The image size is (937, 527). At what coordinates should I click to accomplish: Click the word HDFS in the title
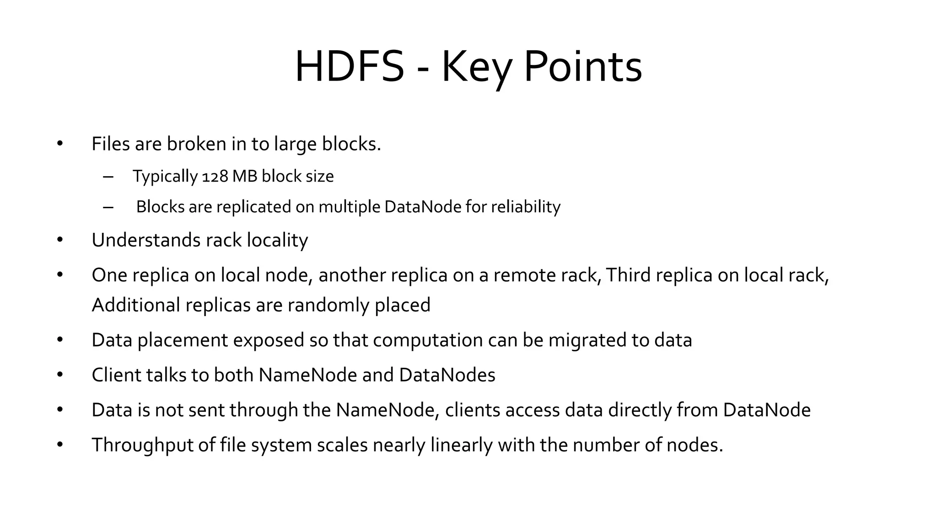[x=350, y=67]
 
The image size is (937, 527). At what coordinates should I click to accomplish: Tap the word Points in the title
[x=582, y=67]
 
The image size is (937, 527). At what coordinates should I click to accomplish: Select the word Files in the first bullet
[x=110, y=144]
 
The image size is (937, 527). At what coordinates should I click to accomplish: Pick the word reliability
[x=526, y=207]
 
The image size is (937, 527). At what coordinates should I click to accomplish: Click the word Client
[x=116, y=375]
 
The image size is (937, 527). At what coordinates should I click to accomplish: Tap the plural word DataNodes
[x=447, y=375]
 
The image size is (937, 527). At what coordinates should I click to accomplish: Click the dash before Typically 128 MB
[x=108, y=177]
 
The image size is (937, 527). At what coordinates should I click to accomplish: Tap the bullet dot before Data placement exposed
[x=60, y=340]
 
